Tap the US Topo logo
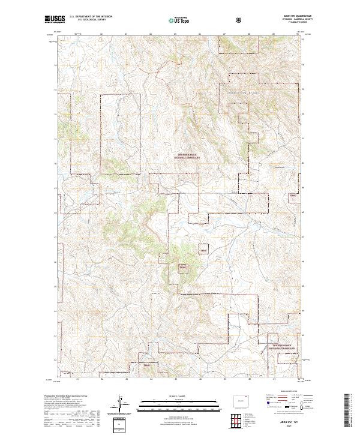tap(179, 20)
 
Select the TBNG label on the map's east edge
tap(293, 196)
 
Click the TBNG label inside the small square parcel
tap(203, 251)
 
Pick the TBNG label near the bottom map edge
tap(147, 365)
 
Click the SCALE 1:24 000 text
tap(179, 395)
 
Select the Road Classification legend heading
tap(287, 393)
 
